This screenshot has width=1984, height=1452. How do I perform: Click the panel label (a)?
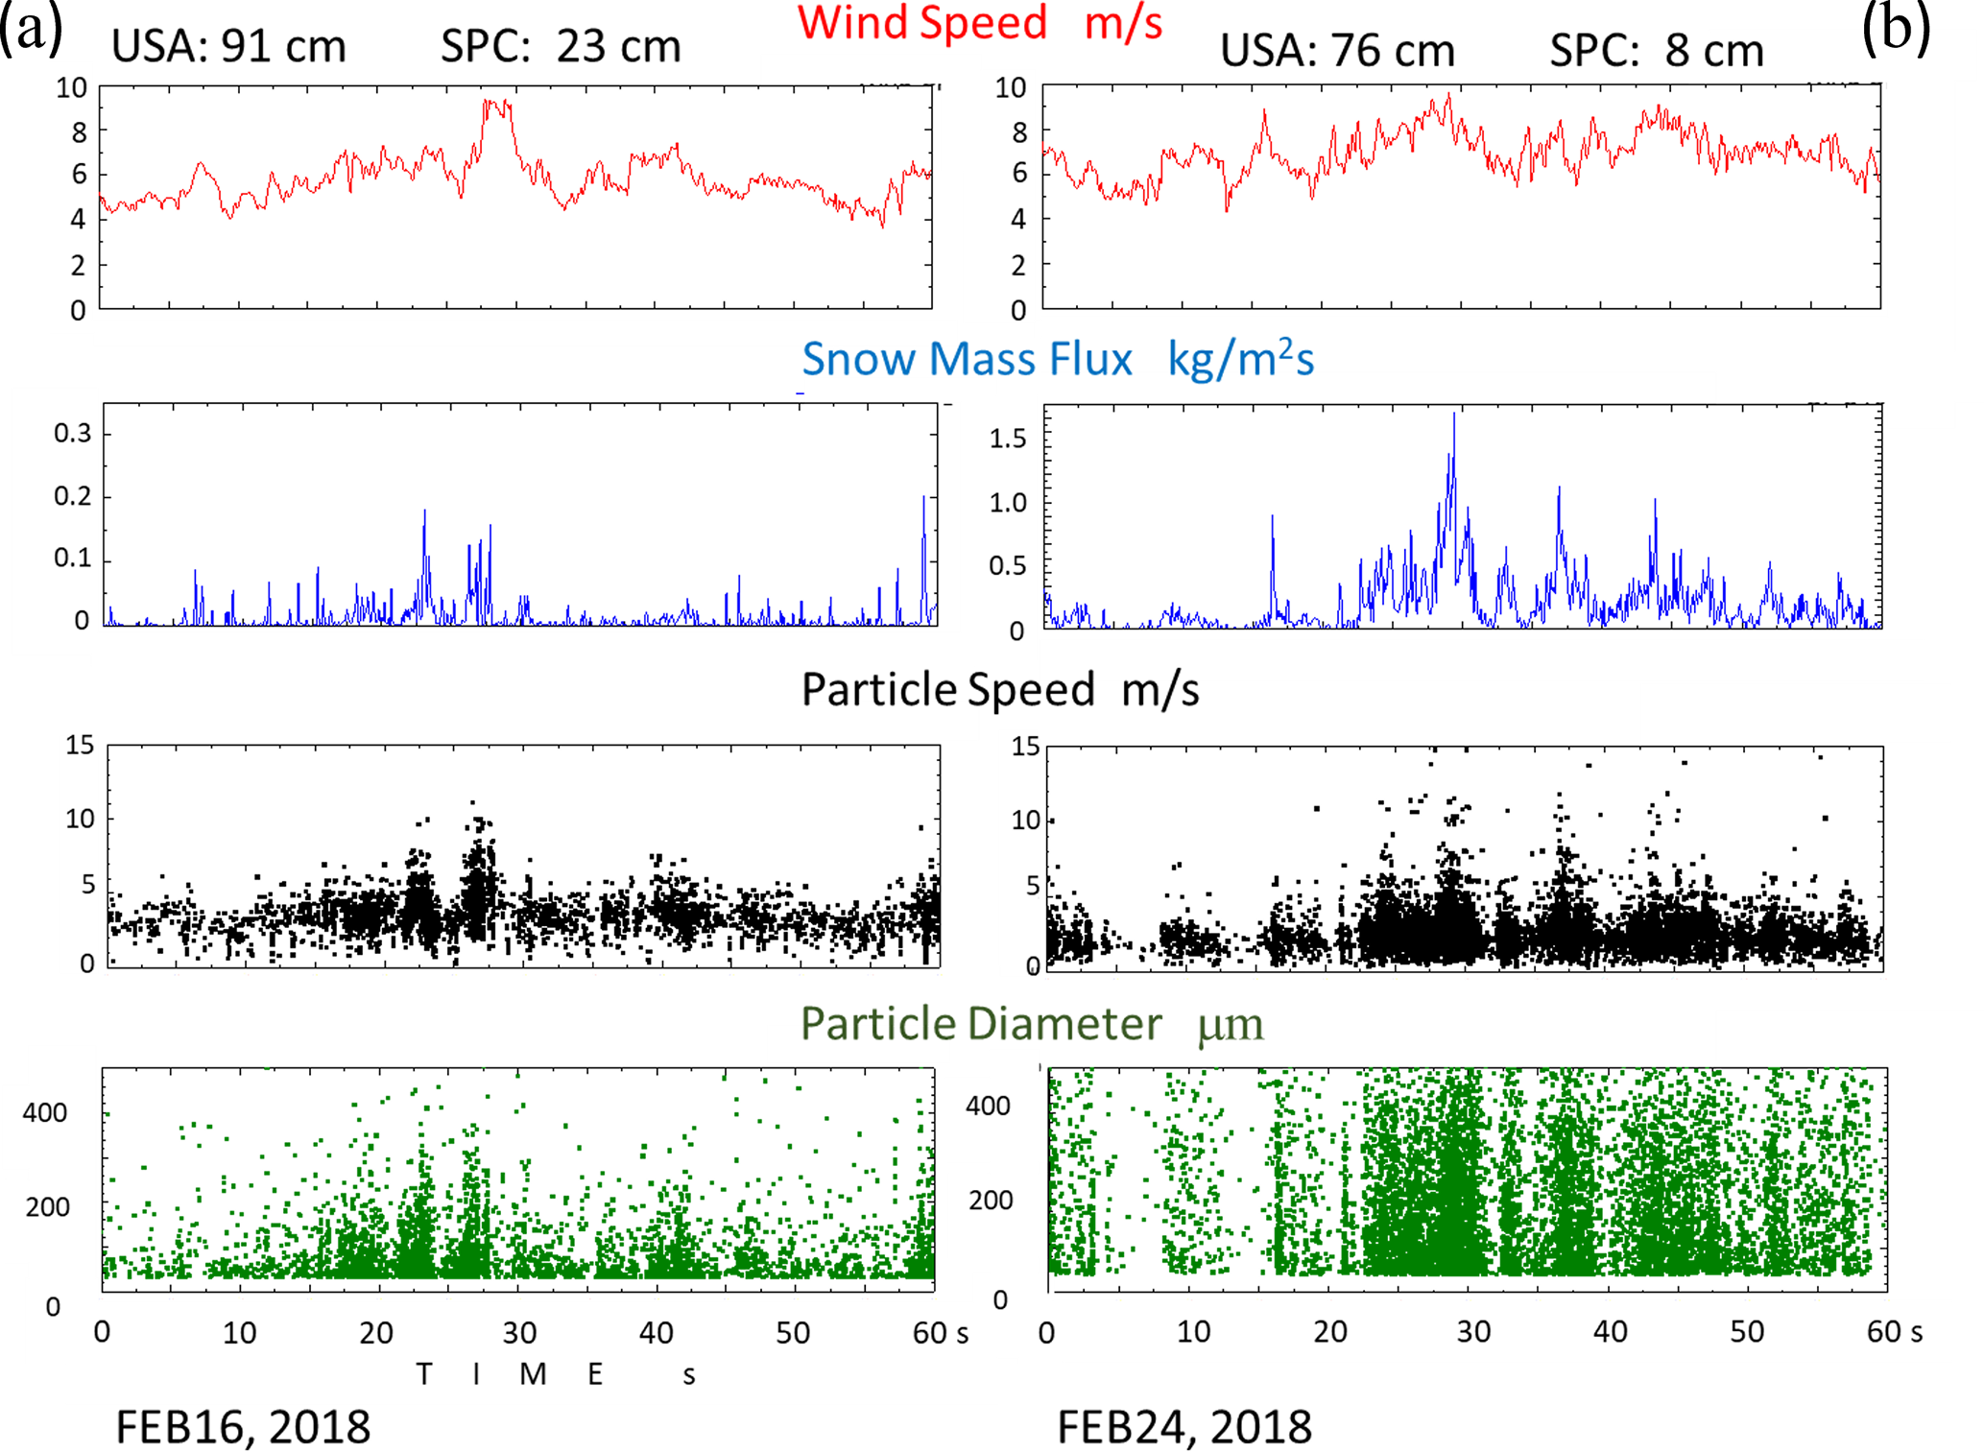point(32,29)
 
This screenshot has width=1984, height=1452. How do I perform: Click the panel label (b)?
point(1896,29)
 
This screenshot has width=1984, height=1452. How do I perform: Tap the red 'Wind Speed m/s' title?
point(979,23)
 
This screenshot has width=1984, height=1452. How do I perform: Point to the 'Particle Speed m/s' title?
point(999,690)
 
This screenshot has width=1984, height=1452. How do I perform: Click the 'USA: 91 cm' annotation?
point(228,46)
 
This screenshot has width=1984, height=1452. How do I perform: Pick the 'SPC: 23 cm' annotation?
point(561,46)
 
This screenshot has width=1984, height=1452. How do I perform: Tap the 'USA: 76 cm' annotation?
point(1337,50)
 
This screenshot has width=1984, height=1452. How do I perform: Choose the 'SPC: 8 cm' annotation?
point(1657,50)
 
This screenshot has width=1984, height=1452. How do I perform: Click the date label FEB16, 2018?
point(243,1427)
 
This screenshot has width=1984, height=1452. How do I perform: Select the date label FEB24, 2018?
point(1184,1427)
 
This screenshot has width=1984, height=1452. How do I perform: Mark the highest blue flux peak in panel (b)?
point(1453,415)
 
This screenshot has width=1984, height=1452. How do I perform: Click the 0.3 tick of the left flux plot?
point(73,434)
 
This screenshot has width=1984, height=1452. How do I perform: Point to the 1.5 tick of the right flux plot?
point(1008,439)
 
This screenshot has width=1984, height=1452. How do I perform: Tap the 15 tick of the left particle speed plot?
point(80,746)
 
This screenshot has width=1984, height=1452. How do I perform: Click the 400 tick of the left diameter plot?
point(45,1113)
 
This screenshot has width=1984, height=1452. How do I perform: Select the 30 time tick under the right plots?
point(1473,1332)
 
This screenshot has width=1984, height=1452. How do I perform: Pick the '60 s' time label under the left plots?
point(940,1333)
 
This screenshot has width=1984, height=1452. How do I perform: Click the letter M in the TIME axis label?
point(533,1374)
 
